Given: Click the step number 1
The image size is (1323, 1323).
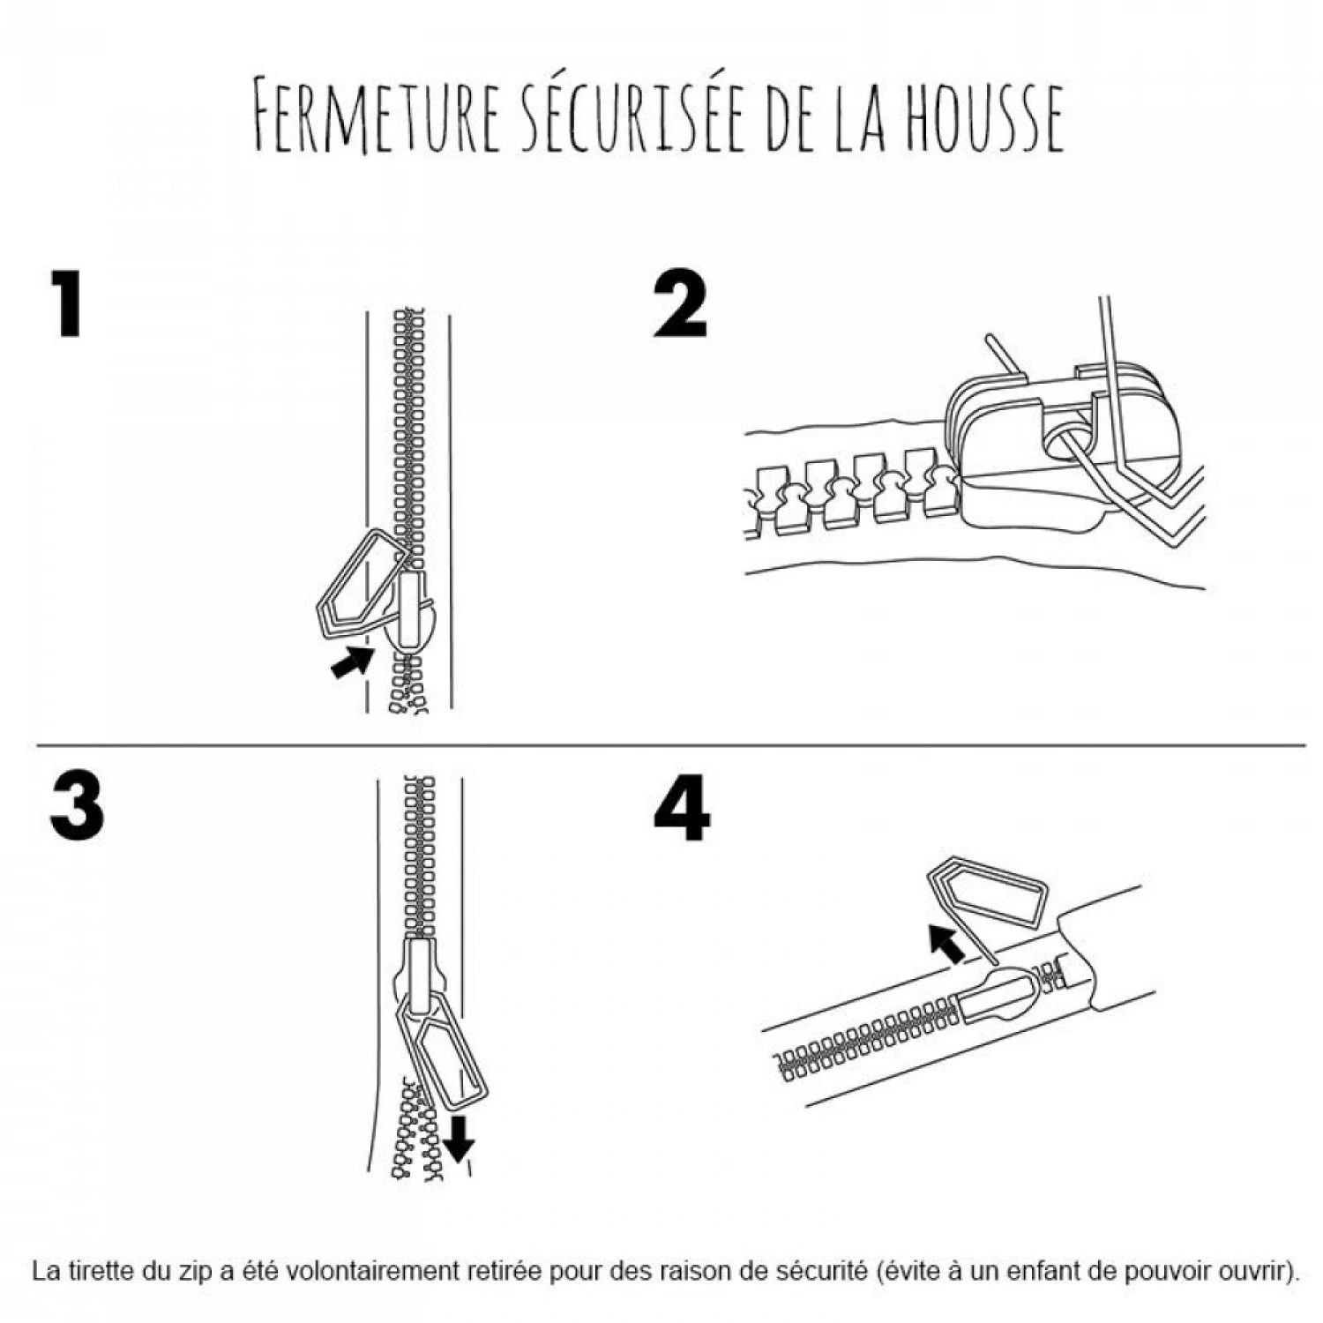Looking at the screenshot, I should tap(67, 304).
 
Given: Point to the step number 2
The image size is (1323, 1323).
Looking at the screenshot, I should tap(680, 305).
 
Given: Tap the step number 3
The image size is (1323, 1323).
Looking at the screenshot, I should tap(77, 807).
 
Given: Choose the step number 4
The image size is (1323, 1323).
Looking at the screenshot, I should tap(682, 808).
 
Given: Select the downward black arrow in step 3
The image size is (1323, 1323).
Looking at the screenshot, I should tap(459, 1138).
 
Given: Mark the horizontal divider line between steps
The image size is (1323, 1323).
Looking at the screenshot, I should tap(670, 745).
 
